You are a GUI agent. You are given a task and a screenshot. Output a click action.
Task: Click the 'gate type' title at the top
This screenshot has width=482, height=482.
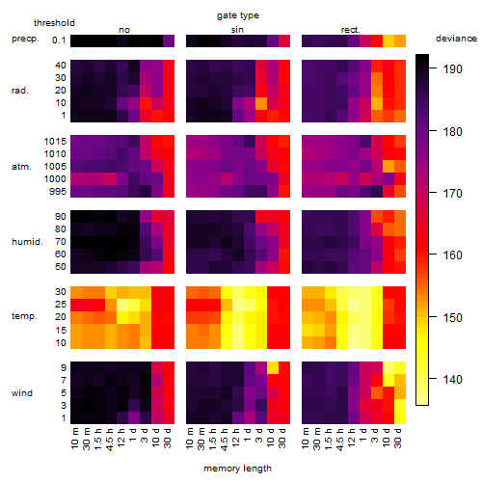pyautogui.click(x=238, y=15)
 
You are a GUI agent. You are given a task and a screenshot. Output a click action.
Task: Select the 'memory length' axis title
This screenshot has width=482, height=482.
pyautogui.click(x=237, y=469)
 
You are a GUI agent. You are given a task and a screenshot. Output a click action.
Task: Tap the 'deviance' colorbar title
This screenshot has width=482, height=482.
pyautogui.click(x=456, y=39)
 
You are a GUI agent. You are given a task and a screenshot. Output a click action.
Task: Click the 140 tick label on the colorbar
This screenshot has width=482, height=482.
pyautogui.click(x=453, y=380)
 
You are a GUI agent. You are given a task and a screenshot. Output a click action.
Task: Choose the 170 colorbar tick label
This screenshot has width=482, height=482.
pyautogui.click(x=453, y=193)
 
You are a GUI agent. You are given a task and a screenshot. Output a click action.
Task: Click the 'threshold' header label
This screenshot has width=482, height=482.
pyautogui.click(x=54, y=23)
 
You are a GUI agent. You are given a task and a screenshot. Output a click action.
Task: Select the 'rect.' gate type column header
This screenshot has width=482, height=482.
pyautogui.click(x=350, y=30)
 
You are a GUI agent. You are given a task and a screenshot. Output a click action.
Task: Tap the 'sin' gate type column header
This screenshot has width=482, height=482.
pyautogui.click(x=237, y=30)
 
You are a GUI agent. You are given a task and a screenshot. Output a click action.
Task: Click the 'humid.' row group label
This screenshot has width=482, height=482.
pyautogui.click(x=27, y=242)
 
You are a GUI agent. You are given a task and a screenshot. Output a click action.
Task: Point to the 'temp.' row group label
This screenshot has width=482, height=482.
pyautogui.click(x=24, y=316)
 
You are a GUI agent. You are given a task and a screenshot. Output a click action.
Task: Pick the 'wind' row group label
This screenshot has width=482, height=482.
pyautogui.click(x=22, y=393)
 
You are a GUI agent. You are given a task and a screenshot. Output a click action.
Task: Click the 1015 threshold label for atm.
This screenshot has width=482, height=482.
pyautogui.click(x=55, y=142)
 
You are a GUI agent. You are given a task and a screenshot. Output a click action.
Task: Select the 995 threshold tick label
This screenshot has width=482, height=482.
pyautogui.click(x=58, y=192)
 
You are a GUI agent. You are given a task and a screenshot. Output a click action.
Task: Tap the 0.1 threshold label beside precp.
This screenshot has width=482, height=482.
pyautogui.click(x=59, y=40)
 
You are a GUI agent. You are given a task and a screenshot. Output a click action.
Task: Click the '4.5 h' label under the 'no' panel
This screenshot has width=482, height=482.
pyautogui.click(x=110, y=440)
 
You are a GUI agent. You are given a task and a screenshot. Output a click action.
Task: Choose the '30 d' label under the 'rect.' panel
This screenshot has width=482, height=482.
pyautogui.click(x=398, y=439)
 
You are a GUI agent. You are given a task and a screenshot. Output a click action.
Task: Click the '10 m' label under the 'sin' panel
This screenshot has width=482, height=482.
pyautogui.click(x=190, y=439)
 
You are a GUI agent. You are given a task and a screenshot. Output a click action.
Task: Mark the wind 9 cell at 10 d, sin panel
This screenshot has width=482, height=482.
pyautogui.click(x=273, y=367)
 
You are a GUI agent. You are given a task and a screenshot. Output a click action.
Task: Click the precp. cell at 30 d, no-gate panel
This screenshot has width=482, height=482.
pyautogui.click(x=169, y=40)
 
